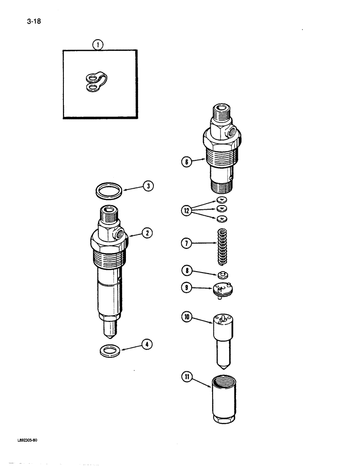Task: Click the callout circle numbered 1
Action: [97, 45]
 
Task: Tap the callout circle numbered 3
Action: [148, 186]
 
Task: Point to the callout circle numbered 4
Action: [148, 345]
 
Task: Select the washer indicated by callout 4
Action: [110, 350]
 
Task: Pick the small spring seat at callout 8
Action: [222, 275]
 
